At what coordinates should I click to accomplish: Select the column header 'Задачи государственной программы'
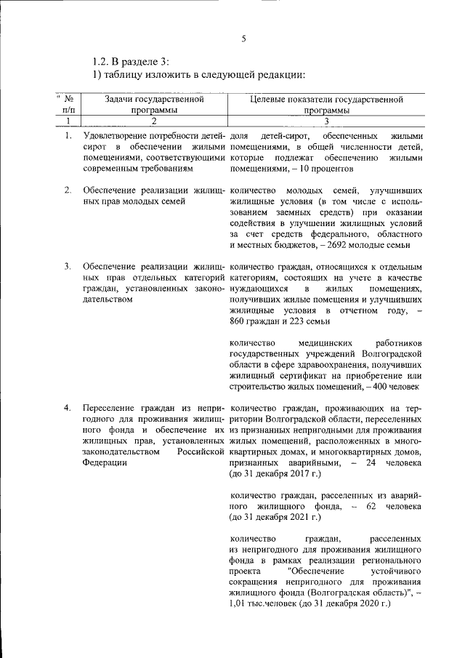[153, 104]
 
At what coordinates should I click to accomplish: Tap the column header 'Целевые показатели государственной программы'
[325, 104]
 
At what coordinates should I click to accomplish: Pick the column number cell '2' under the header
[153, 121]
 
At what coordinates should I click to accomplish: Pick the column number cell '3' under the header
[326, 121]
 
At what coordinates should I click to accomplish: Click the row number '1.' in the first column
[68, 136]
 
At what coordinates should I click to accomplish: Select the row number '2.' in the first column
[68, 190]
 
